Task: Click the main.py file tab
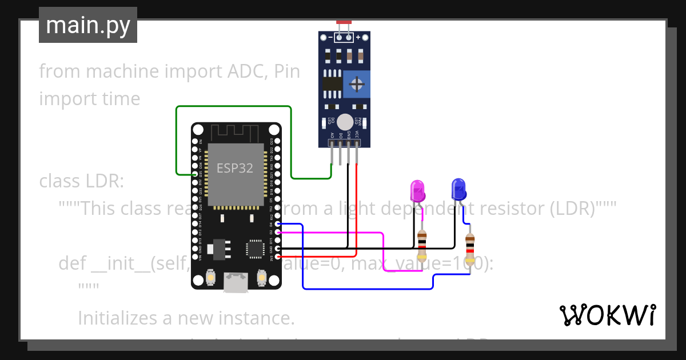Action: [x=87, y=25]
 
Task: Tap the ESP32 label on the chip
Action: [x=234, y=169]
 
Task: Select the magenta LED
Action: [x=418, y=191]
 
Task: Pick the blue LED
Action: [x=458, y=189]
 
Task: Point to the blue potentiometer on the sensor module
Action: [x=357, y=85]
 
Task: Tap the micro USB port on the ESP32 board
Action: [x=236, y=282]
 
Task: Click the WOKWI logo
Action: [x=607, y=315]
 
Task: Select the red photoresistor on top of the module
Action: [x=344, y=22]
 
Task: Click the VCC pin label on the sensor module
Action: [x=357, y=135]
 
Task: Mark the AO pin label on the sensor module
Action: [x=332, y=135]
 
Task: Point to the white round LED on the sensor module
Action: [x=345, y=122]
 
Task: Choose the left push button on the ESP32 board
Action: [x=210, y=278]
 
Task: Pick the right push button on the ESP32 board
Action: [x=262, y=278]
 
